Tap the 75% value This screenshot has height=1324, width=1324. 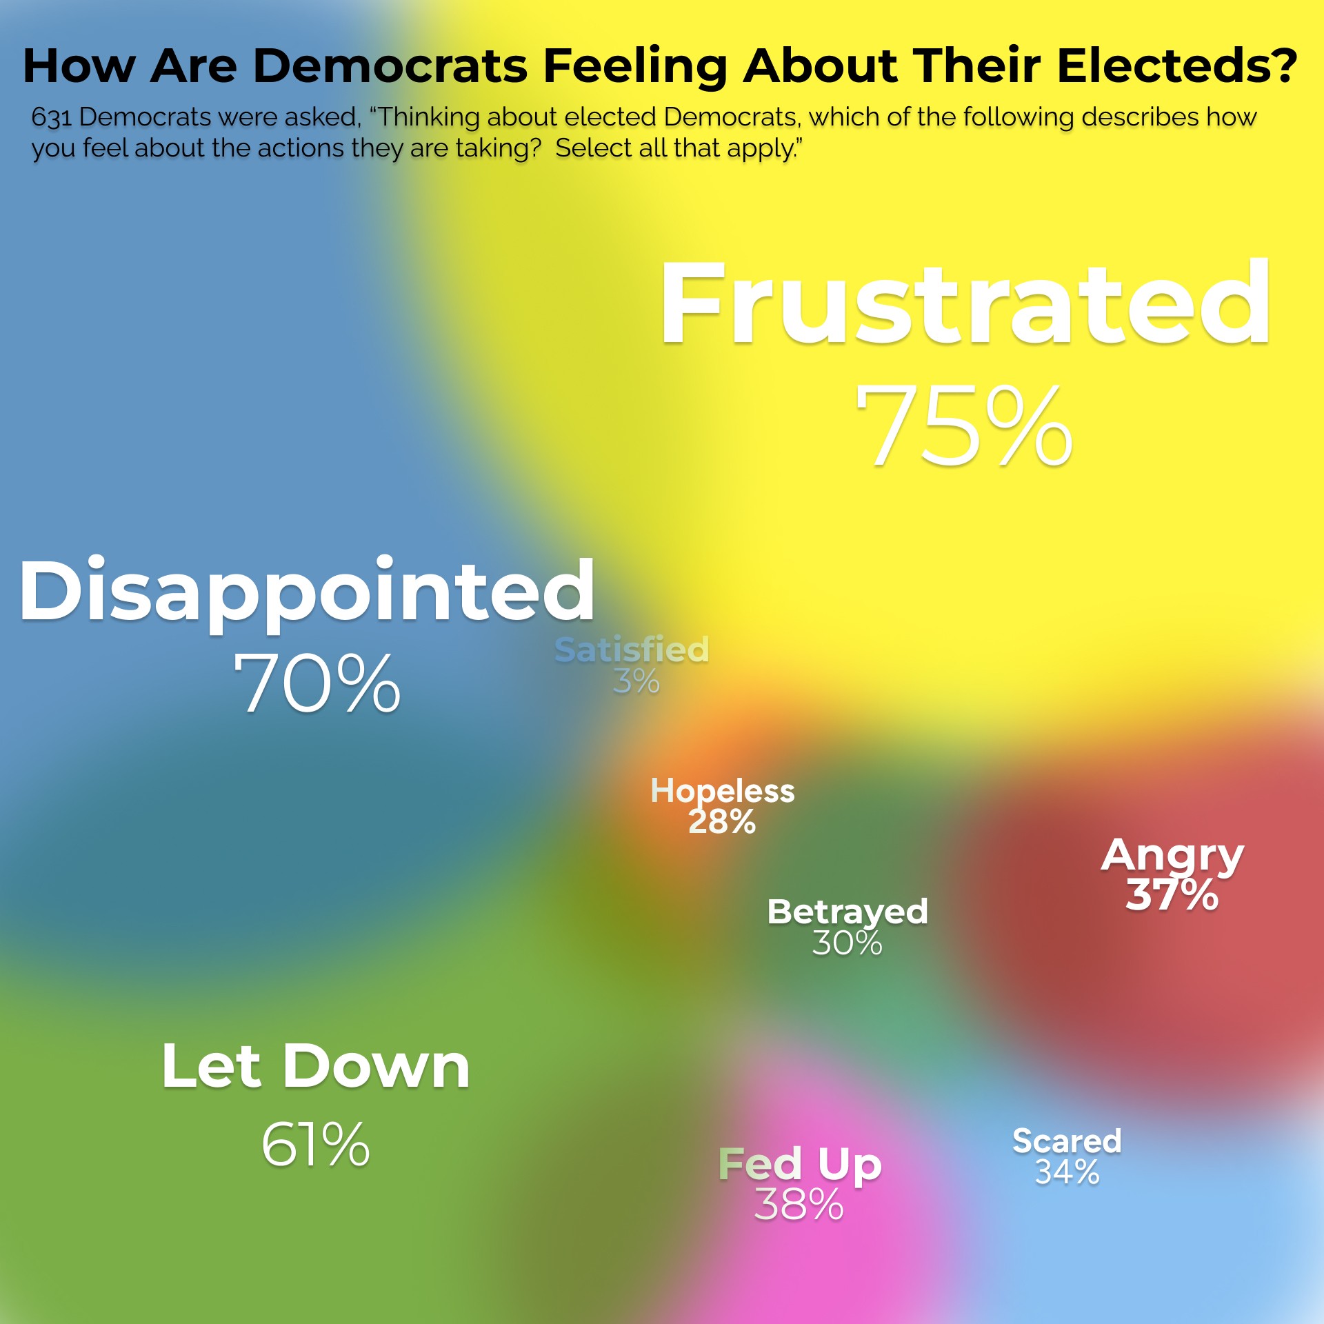click(x=964, y=426)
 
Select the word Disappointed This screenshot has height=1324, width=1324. click(x=307, y=592)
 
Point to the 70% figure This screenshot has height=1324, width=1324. click(x=317, y=684)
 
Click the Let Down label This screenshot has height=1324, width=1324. click(x=316, y=1066)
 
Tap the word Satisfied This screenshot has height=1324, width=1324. click(x=632, y=650)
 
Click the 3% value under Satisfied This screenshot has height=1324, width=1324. click(x=636, y=682)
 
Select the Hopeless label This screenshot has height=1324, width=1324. click(x=723, y=791)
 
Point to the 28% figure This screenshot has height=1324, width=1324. click(x=722, y=822)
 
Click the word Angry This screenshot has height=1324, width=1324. click(x=1172, y=856)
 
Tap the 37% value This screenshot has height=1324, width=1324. click(x=1172, y=894)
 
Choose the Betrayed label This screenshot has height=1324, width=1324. click(x=847, y=912)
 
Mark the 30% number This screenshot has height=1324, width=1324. click(x=847, y=943)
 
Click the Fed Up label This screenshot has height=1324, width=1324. click(x=800, y=1165)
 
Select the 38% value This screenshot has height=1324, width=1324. click(x=799, y=1205)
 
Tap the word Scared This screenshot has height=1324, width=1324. click(x=1067, y=1141)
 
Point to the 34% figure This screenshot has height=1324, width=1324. click(x=1067, y=1172)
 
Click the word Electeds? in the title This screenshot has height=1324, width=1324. click(x=1176, y=67)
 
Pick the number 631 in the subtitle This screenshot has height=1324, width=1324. click(x=51, y=118)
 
